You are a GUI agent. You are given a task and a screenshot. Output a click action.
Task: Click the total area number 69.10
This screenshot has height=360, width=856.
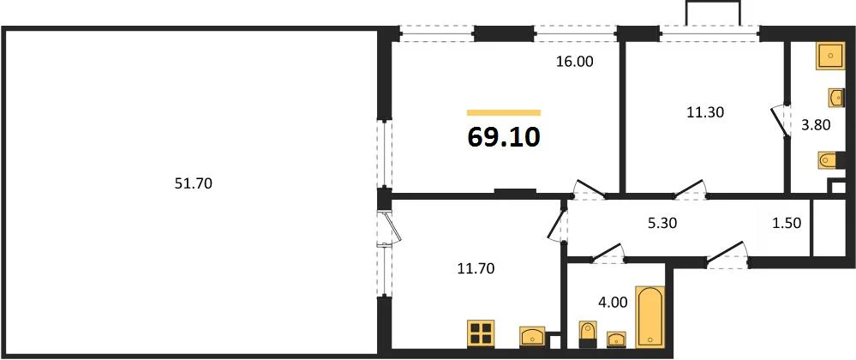click(x=504, y=138)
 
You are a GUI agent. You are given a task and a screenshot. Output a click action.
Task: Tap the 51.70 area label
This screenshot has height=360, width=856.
click(x=193, y=184)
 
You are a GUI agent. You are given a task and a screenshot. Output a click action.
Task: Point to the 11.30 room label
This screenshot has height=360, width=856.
click(x=705, y=113)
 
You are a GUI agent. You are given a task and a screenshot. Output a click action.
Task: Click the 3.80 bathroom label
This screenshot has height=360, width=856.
click(x=815, y=126)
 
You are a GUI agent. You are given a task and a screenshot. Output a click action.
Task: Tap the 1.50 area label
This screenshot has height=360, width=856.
click(x=786, y=224)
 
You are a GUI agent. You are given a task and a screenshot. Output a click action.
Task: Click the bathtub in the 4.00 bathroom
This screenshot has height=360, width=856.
click(x=650, y=316)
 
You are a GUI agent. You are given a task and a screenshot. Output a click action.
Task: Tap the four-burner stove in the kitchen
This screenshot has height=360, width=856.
click(x=481, y=333)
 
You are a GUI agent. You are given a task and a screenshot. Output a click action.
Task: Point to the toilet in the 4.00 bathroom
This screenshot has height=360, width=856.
click(x=588, y=334)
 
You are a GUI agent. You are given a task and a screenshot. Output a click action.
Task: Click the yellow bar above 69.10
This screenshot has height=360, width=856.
click(x=504, y=112)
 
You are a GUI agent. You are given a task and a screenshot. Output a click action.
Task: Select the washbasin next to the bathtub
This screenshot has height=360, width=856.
click(x=616, y=339)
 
